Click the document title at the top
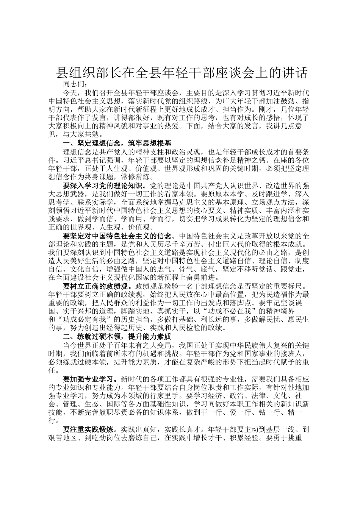click(182, 72)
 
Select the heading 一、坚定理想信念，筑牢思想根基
click(117, 144)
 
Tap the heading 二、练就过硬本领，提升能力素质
click(117, 336)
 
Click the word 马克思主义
click(182, 202)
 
